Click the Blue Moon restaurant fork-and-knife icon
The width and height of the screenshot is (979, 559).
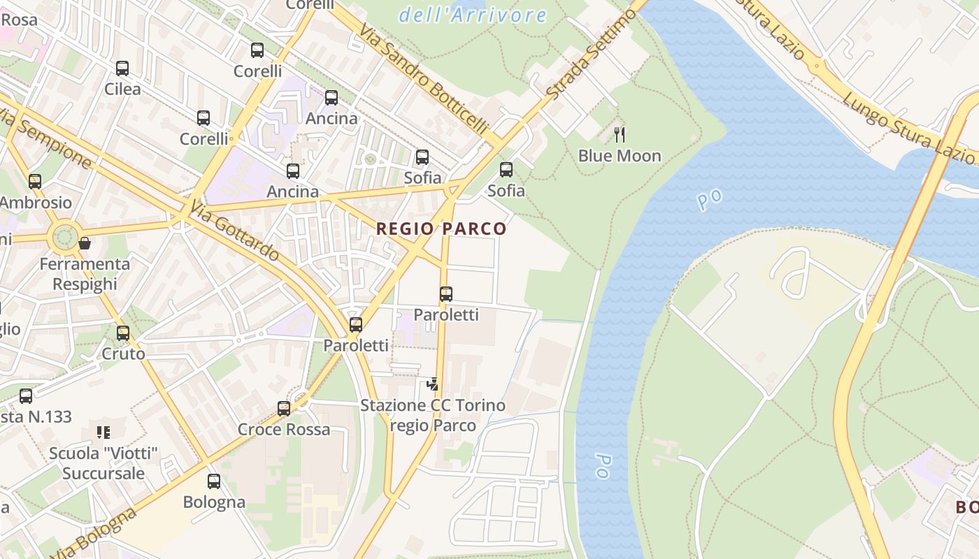click(x=619, y=134)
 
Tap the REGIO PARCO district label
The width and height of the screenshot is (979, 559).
click(x=441, y=228)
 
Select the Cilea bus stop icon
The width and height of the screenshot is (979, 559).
click(x=122, y=68)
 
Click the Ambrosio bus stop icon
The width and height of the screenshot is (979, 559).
click(x=35, y=182)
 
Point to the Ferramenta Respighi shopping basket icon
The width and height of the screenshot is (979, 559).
click(x=85, y=243)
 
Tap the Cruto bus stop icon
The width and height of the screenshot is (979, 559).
click(x=123, y=333)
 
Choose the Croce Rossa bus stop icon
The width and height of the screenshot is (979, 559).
click(x=284, y=408)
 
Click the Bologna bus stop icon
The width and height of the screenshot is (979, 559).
click(x=214, y=481)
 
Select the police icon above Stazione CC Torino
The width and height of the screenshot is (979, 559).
click(x=433, y=384)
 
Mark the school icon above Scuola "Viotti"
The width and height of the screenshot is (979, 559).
click(x=103, y=433)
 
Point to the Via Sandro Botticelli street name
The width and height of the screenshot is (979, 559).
click(x=424, y=78)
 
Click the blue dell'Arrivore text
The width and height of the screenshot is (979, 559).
click(x=473, y=15)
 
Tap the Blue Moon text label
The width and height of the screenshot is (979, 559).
click(x=620, y=156)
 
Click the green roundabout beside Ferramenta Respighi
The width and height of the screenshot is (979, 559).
click(x=64, y=236)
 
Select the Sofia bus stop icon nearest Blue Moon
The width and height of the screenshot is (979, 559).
click(x=506, y=170)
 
